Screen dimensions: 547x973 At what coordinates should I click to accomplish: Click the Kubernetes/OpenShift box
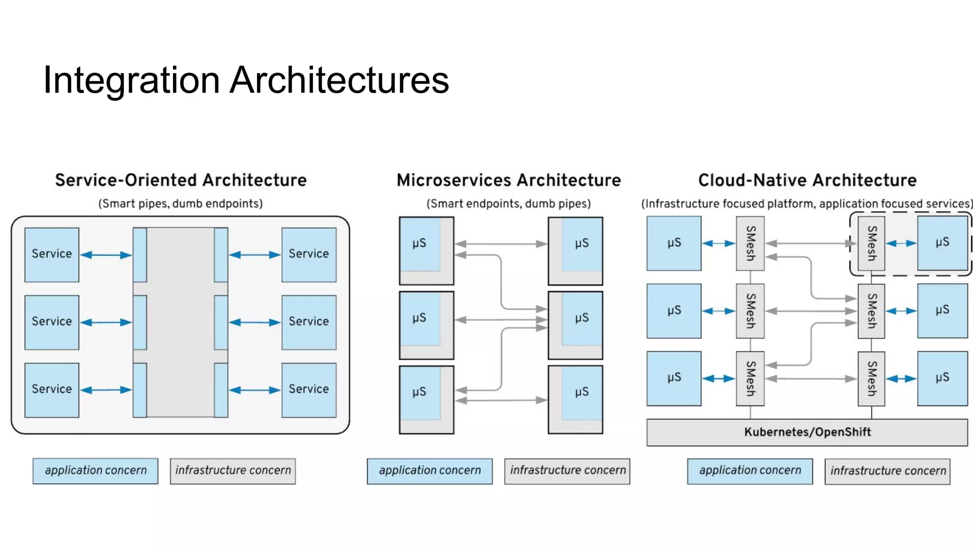tap(807, 432)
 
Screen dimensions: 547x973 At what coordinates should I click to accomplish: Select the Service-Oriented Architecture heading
tap(181, 180)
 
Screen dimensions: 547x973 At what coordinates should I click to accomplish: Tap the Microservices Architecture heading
tap(508, 180)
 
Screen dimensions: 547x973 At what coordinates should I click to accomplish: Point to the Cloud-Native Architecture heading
tap(807, 180)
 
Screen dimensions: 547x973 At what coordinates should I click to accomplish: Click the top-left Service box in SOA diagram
tap(52, 255)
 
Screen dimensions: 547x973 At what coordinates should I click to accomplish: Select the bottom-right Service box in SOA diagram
tap(309, 390)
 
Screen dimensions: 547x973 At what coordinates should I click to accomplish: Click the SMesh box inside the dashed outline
tap(871, 243)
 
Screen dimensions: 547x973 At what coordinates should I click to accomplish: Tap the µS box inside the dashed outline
tap(942, 243)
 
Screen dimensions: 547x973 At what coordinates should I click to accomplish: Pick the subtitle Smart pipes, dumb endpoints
tap(181, 204)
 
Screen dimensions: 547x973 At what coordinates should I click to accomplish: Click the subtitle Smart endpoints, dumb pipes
tap(508, 204)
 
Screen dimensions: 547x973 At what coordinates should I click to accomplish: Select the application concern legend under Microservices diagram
tap(429, 471)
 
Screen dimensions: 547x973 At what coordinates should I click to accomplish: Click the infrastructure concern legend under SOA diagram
tap(233, 471)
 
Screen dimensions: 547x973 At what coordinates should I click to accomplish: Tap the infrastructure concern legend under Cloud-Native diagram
tap(887, 471)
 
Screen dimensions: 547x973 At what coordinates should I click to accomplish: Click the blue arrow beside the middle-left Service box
tap(106, 322)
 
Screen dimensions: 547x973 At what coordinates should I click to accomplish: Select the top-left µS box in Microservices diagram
tap(420, 245)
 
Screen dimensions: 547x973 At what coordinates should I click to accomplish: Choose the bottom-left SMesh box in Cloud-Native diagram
tap(750, 378)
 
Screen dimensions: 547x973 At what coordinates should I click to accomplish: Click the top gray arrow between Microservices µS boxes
tap(501, 244)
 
